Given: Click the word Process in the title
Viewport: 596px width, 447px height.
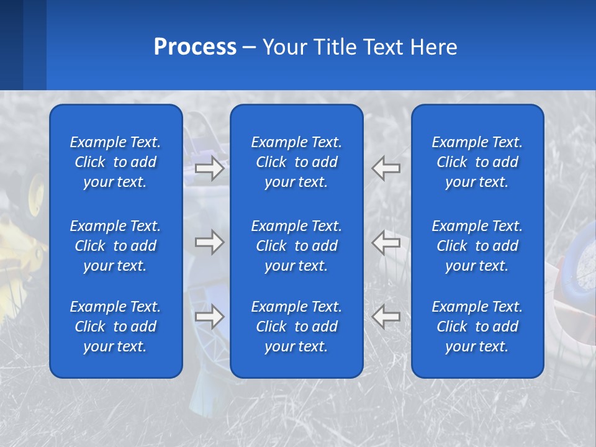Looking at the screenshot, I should (x=195, y=47).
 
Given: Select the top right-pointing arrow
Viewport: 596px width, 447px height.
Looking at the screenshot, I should (x=209, y=168).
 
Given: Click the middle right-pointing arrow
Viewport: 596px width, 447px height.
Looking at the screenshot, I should (x=209, y=242).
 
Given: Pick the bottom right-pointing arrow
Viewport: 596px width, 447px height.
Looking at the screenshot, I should (x=209, y=317).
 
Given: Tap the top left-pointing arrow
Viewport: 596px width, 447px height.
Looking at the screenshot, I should (x=386, y=168).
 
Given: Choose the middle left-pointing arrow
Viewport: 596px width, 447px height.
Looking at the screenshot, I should (x=386, y=242).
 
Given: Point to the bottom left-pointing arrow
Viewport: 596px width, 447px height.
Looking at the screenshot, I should (x=386, y=317).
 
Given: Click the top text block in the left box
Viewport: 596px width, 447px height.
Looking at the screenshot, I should (x=115, y=162).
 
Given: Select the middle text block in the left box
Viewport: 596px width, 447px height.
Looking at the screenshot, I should (x=115, y=246).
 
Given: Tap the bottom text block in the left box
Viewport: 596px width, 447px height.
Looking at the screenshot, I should (x=115, y=327).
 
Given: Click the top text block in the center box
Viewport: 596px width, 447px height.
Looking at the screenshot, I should (x=296, y=162).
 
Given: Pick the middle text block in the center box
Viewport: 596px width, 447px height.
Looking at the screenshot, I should (x=296, y=246).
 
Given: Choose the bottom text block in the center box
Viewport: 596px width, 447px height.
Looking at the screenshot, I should (x=296, y=327).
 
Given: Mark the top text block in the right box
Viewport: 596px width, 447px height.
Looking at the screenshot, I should (x=477, y=162).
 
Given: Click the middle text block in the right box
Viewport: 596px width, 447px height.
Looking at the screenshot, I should (x=477, y=246).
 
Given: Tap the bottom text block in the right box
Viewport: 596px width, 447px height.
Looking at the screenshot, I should (x=477, y=327).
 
